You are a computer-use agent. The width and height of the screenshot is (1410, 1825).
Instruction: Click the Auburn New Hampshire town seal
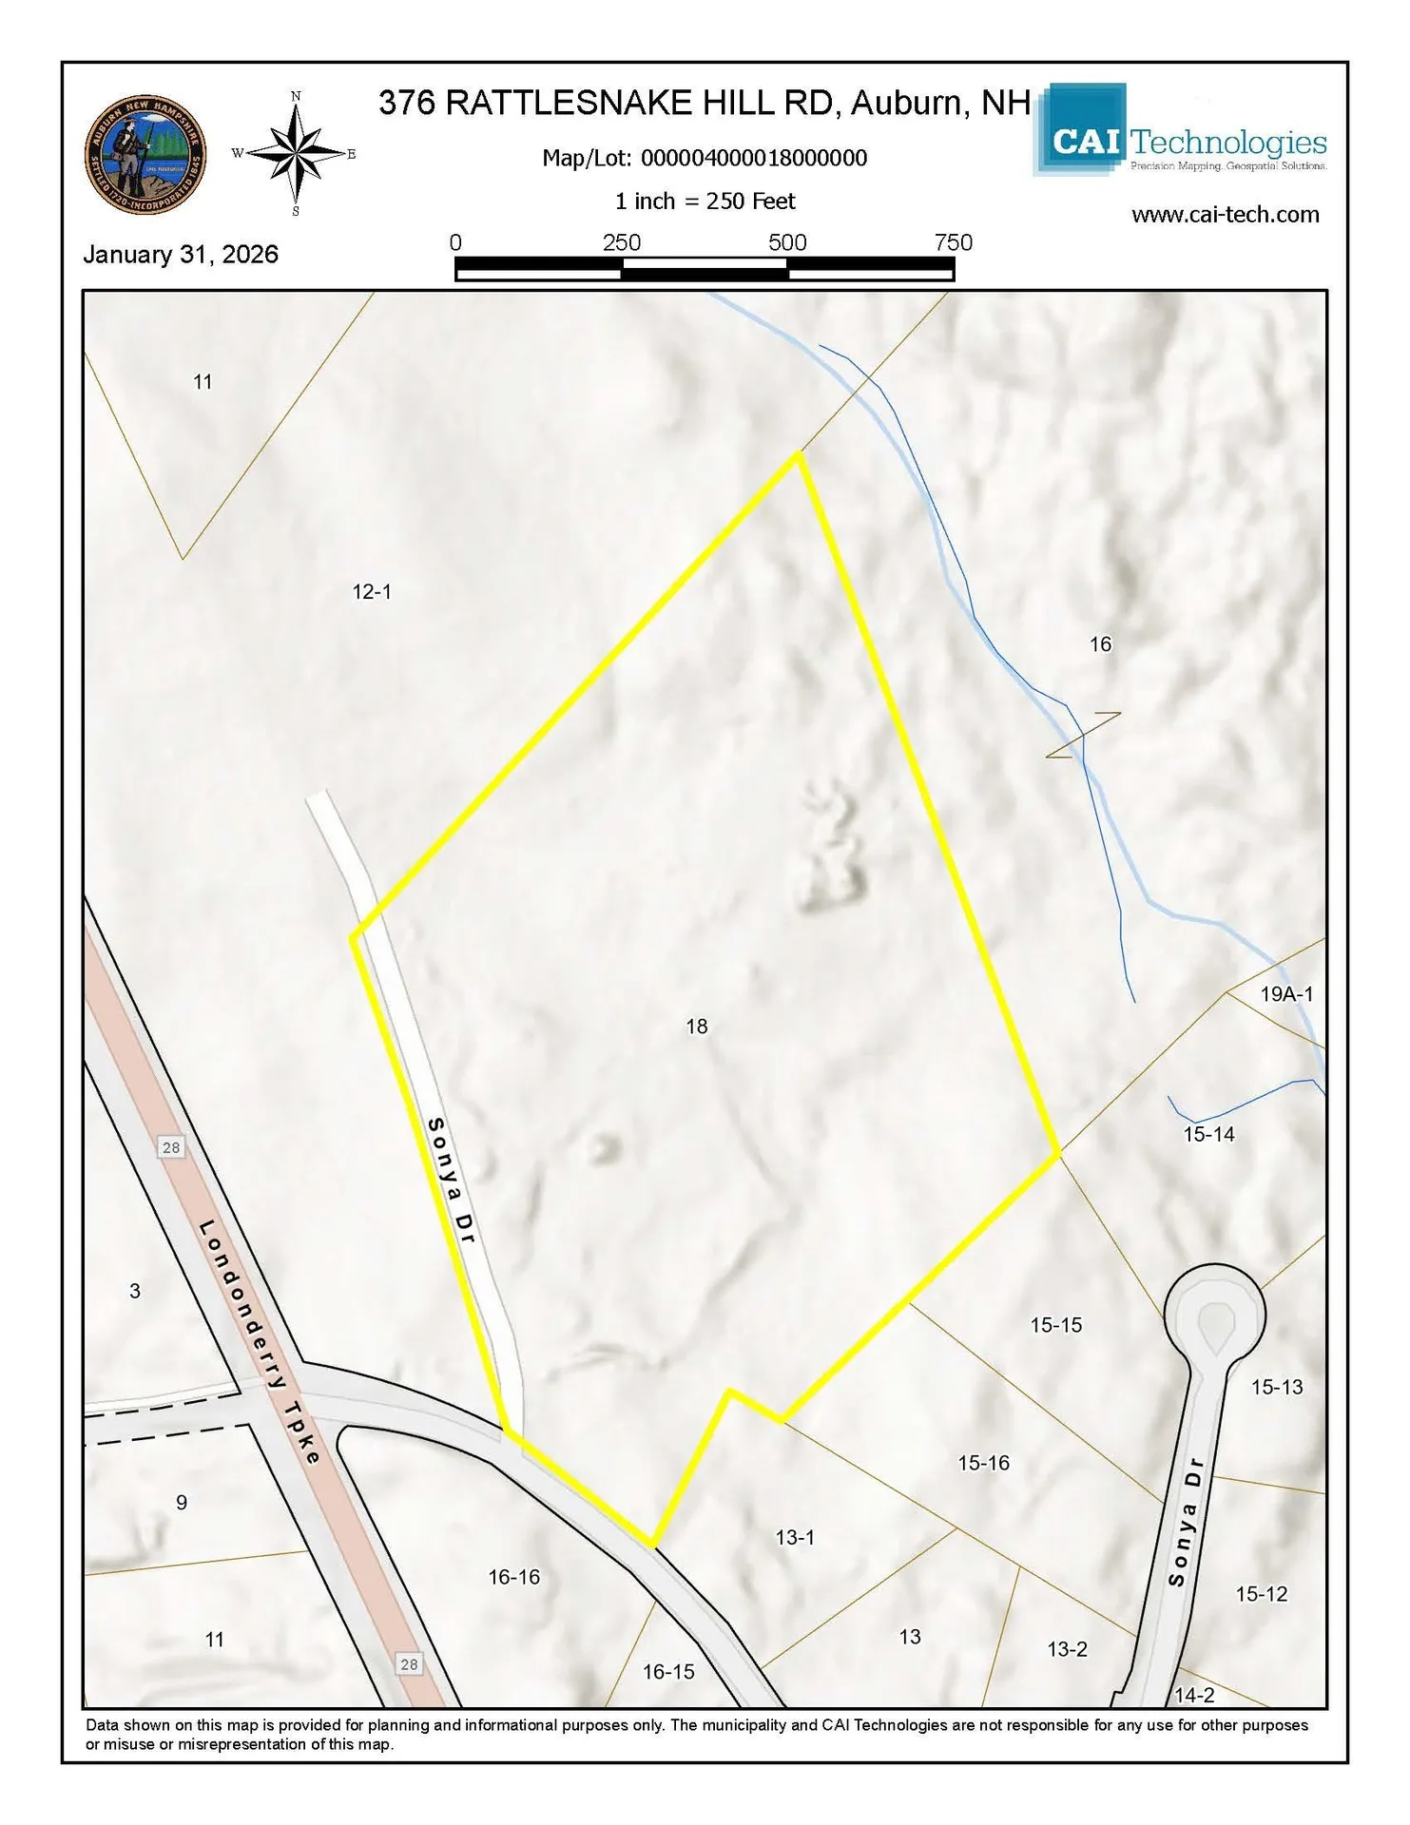(x=145, y=154)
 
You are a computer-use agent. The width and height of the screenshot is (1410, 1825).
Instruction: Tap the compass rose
(x=296, y=154)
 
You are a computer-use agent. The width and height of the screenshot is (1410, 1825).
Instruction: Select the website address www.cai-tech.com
(x=1225, y=215)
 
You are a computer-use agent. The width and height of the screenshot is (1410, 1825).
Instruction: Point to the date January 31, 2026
(x=181, y=255)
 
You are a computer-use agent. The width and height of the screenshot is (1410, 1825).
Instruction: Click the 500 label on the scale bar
(x=787, y=242)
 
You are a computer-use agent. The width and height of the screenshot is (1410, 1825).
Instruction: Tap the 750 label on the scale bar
(x=953, y=242)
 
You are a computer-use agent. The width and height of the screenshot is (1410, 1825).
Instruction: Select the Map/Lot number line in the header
(x=705, y=158)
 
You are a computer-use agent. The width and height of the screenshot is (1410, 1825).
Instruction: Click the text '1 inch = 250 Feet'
(x=705, y=202)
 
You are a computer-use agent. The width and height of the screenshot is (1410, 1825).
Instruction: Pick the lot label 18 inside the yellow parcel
(x=697, y=1027)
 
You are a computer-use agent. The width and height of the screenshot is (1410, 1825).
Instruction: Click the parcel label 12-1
(x=372, y=591)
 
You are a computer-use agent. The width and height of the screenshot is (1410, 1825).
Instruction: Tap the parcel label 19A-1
(x=1286, y=994)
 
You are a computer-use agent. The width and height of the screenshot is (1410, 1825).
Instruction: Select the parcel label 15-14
(x=1208, y=1134)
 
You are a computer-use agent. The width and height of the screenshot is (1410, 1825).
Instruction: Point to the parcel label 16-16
(x=513, y=1577)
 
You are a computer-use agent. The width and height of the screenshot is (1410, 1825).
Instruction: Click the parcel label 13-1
(x=795, y=1537)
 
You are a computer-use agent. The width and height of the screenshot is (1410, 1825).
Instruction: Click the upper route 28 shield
(x=171, y=1147)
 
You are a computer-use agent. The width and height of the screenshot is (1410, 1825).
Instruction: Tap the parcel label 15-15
(x=1055, y=1325)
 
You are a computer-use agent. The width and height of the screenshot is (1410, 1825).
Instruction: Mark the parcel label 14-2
(x=1194, y=1695)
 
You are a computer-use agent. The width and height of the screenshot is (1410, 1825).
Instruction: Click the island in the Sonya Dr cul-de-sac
(x=1215, y=1325)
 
